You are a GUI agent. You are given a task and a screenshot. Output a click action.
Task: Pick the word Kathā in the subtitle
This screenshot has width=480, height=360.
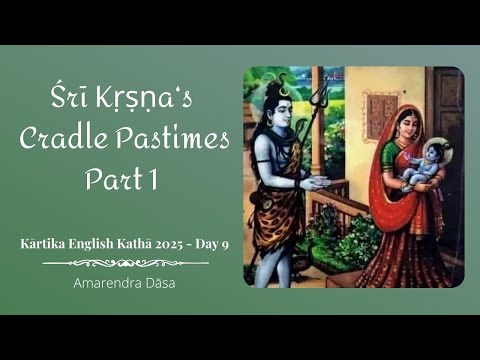128,242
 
